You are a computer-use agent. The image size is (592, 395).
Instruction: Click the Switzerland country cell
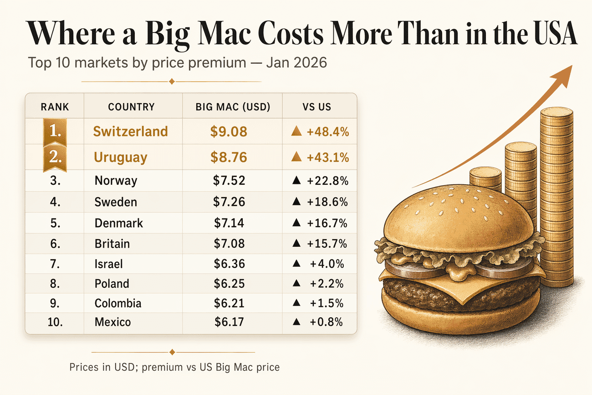tap(130, 131)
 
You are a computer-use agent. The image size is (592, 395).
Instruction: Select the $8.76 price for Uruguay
tap(229, 157)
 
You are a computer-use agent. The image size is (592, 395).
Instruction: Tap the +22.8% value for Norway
tap(327, 181)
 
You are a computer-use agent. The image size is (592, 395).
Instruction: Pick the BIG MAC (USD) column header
tap(233, 107)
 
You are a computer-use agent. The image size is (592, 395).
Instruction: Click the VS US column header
tap(316, 107)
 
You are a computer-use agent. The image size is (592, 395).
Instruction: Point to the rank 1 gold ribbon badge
tap(55, 132)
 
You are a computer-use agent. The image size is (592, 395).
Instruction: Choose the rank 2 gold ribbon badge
tap(55, 158)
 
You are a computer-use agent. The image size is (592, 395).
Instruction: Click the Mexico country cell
tap(112, 322)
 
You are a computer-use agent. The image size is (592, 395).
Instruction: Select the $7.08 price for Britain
tap(229, 244)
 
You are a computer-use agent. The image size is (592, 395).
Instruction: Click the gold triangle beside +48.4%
tap(296, 132)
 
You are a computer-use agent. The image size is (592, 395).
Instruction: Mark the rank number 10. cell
tap(55, 322)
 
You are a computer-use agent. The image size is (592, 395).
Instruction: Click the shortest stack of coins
tap(485, 180)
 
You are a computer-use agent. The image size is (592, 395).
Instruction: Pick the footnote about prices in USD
tap(174, 367)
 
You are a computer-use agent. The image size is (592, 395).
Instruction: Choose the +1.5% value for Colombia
tap(327, 303)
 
